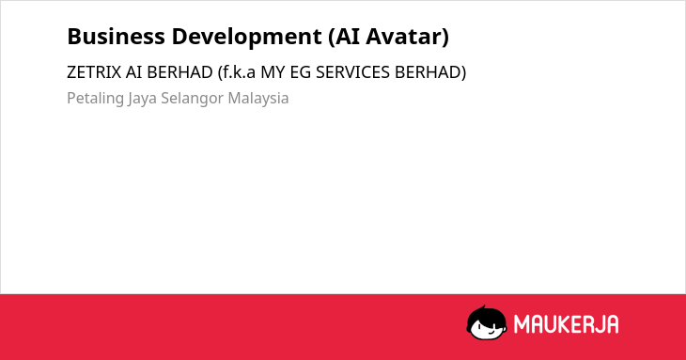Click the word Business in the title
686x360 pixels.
tap(116, 36)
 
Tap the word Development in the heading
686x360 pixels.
tap(247, 38)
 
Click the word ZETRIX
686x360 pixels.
tap(94, 72)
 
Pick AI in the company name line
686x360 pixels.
tap(133, 72)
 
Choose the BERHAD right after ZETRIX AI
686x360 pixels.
tap(179, 72)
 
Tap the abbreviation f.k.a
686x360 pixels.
tap(239, 72)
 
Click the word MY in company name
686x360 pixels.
tap(273, 72)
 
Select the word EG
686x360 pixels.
tap(301, 72)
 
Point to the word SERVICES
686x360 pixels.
tap(352, 72)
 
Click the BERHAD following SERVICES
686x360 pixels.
tap(428, 72)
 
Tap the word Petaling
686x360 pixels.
tap(95, 99)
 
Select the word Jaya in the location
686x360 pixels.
tap(142, 99)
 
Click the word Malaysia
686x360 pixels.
tap(258, 99)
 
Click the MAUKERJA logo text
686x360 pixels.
tap(566, 324)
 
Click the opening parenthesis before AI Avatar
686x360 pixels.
tap(332, 37)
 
